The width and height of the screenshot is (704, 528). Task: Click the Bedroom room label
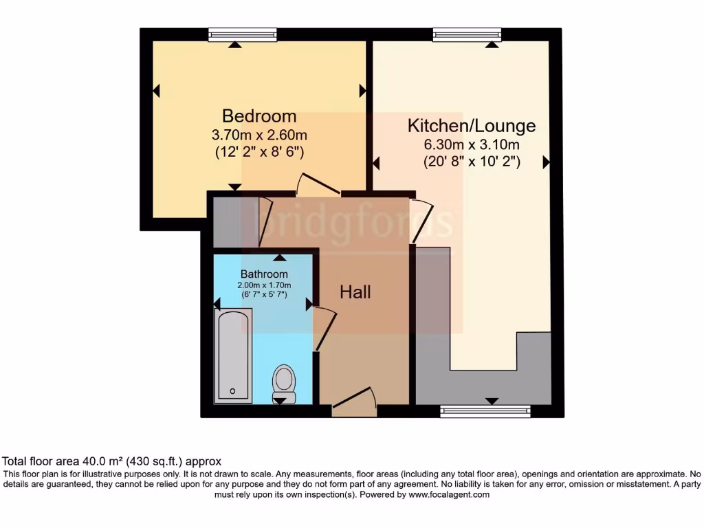click(259, 116)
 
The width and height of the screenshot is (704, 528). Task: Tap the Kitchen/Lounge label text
click(471, 126)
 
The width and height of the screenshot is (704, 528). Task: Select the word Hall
click(355, 292)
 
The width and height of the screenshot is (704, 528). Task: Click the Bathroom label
click(264, 274)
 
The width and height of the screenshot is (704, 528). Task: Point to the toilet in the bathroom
click(284, 382)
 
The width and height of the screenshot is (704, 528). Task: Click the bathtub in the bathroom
click(234, 355)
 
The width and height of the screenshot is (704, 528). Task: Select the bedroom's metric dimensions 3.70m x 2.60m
click(259, 135)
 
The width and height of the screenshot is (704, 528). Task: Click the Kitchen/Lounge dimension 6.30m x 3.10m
click(471, 145)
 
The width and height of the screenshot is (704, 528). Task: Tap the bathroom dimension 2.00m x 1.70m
click(264, 285)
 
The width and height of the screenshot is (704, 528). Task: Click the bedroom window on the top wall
click(243, 34)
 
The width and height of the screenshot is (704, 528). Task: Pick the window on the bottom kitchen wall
click(485, 411)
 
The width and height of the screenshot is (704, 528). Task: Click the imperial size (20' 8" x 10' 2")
click(471, 162)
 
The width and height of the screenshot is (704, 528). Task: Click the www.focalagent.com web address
click(448, 494)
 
